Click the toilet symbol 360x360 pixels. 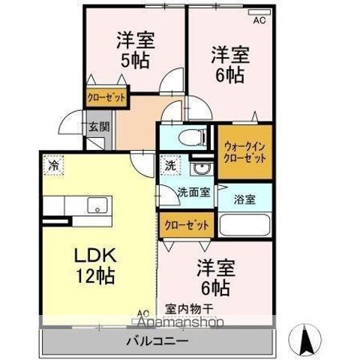point(193,137)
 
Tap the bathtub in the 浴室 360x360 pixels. point(244,225)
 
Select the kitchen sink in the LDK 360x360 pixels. point(97,205)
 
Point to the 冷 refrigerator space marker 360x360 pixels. point(53,165)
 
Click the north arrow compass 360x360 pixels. point(304,340)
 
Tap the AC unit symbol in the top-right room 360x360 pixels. point(259,12)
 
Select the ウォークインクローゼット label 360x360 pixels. point(244,152)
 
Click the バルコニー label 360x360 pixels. point(157,341)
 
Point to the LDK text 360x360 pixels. point(95,255)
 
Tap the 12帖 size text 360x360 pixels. point(95,276)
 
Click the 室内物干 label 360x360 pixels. point(189,309)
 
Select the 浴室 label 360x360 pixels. point(244,199)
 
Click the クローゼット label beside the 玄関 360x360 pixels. point(106,97)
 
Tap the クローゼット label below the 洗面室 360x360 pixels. point(187,225)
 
